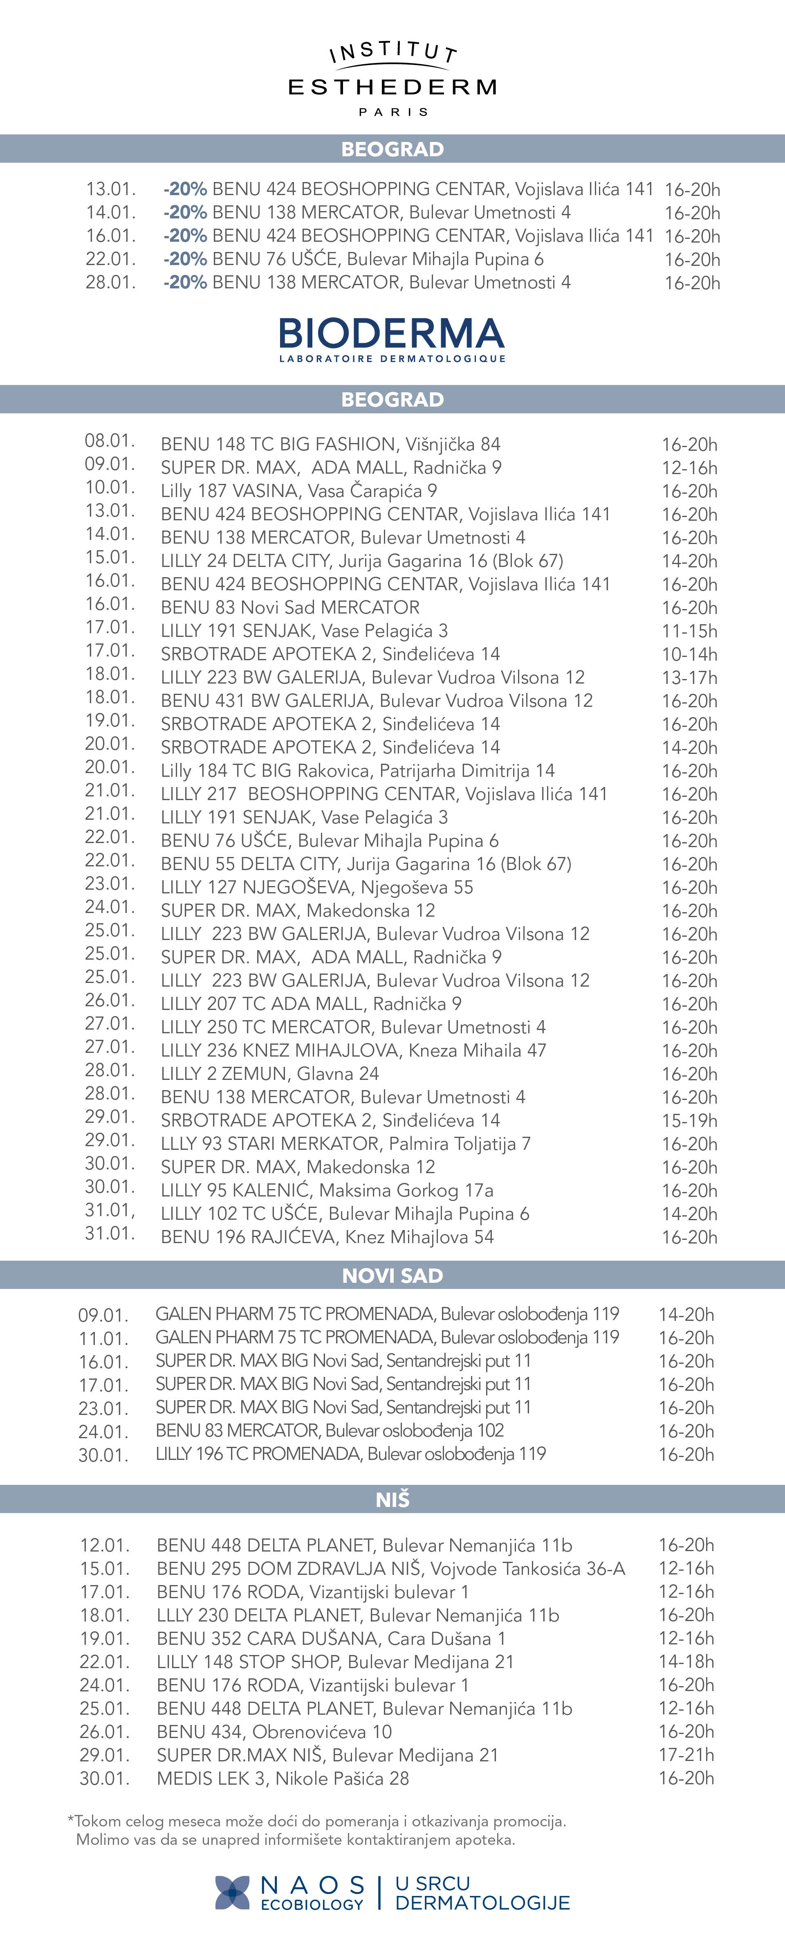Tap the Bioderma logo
392,340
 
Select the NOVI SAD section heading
392,1275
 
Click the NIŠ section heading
392,1500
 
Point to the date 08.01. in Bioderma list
109,441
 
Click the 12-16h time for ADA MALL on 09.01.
689,468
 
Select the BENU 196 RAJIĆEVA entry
327,1237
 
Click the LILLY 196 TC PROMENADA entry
351,1453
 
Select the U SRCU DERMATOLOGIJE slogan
482,1893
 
